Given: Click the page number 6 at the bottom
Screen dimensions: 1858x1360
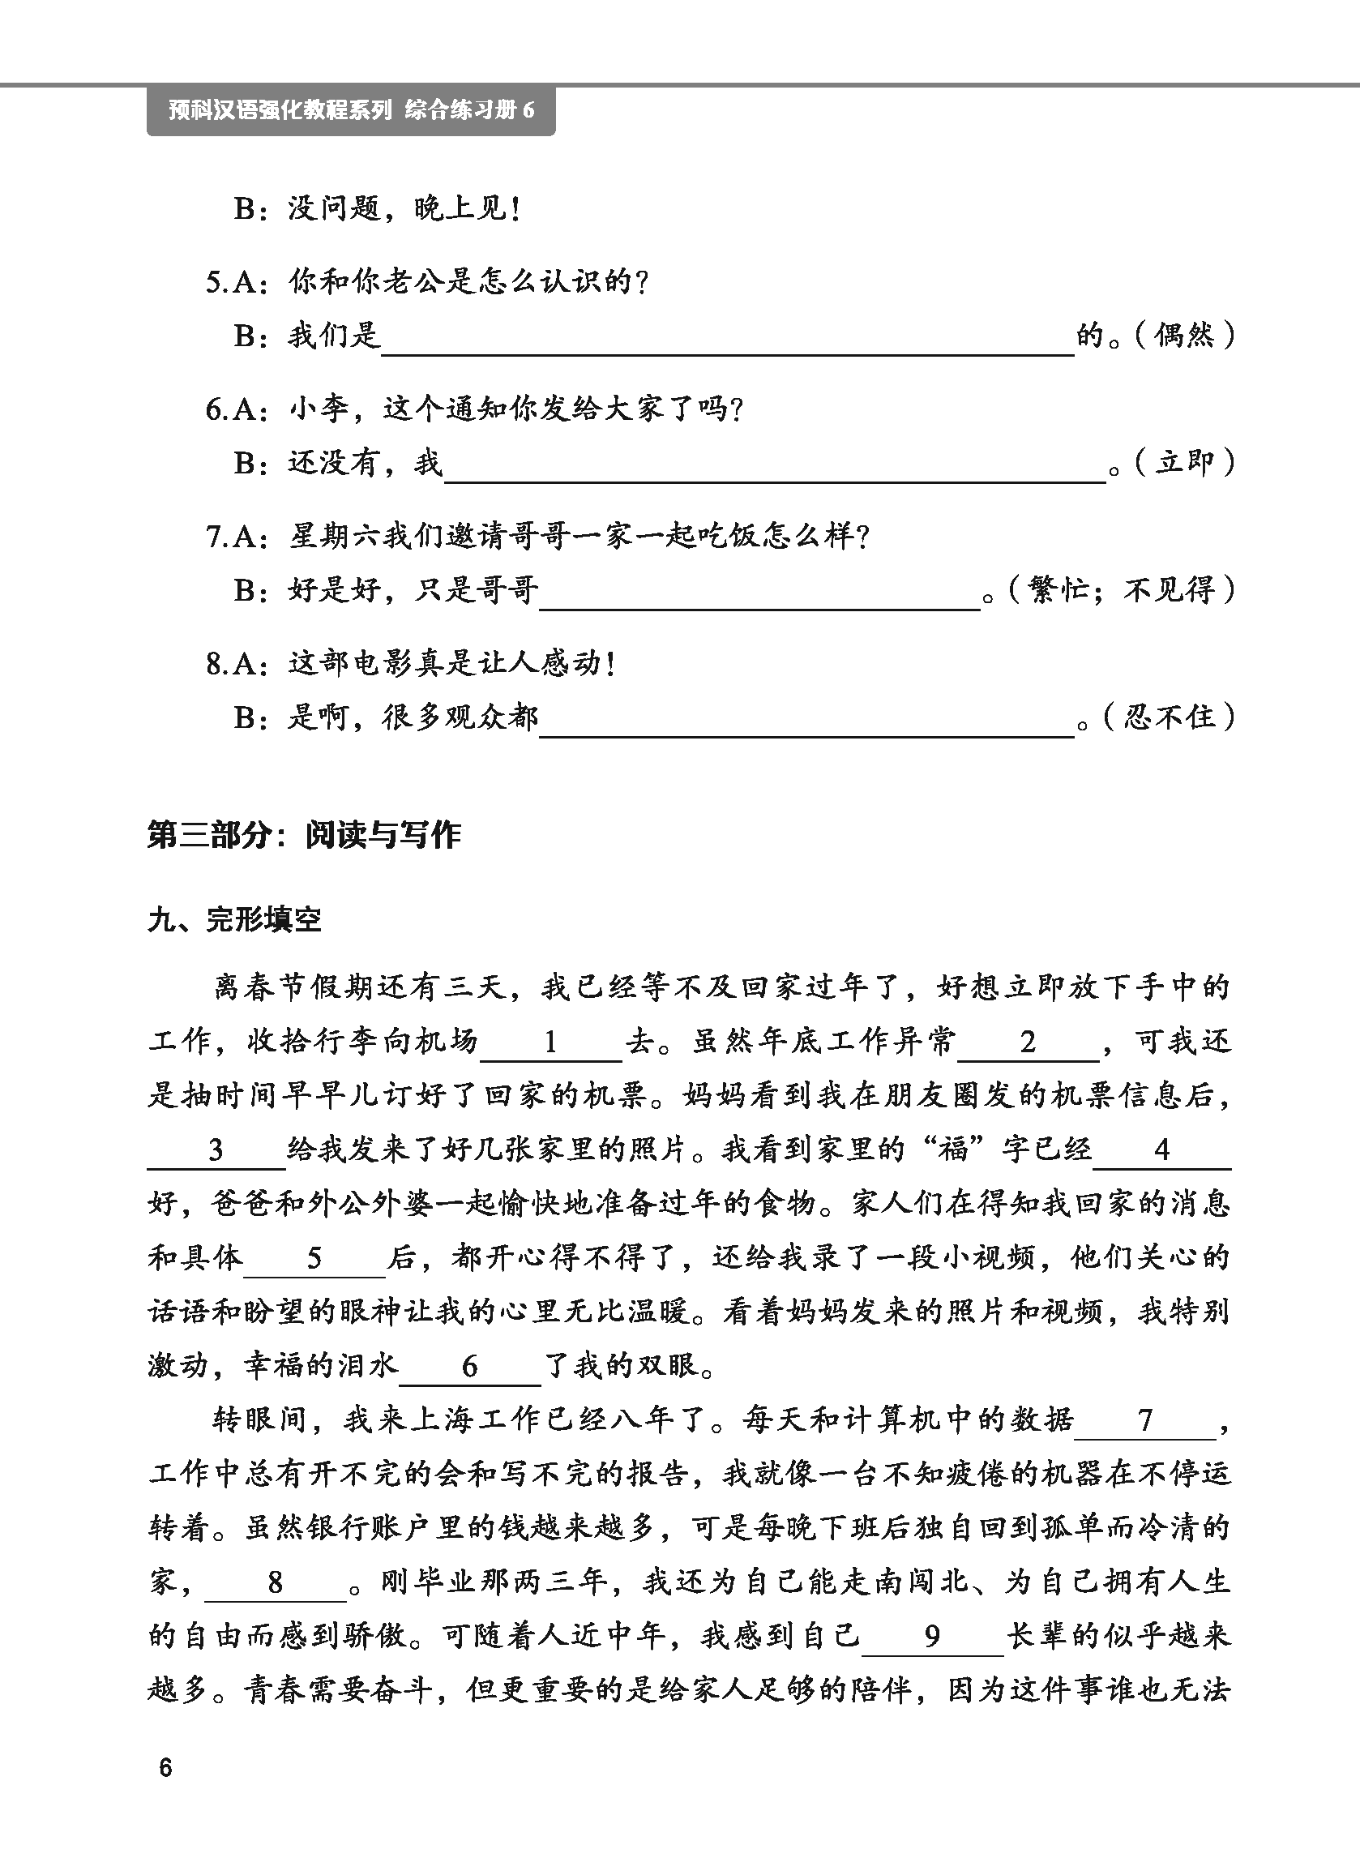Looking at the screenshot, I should coord(165,1767).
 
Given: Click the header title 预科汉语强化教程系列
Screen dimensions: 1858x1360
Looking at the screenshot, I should coord(280,109).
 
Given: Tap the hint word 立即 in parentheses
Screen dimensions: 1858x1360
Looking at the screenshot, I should coord(1184,463).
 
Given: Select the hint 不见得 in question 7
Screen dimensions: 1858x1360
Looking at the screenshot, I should coord(1169,589).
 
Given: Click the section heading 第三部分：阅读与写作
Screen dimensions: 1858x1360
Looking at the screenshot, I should coord(304,835).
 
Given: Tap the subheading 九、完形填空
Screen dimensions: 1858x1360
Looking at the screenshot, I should coord(234,919).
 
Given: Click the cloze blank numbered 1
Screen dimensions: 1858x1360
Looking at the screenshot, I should coord(551,1043).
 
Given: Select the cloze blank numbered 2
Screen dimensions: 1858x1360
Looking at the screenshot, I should coord(1029,1043).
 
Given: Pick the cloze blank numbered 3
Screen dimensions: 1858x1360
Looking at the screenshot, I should coord(216,1150).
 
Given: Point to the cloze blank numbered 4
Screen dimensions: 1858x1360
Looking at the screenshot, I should coord(1161,1150).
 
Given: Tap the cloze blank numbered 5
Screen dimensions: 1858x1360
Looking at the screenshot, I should coord(314,1258).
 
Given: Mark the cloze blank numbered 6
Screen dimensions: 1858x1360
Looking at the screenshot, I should coord(469,1367).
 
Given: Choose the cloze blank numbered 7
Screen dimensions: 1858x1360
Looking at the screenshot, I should coord(1145,1420).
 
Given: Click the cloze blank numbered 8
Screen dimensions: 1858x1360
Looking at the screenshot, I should coord(275,1582).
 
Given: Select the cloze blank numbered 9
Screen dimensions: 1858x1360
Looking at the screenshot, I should coord(932,1637).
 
